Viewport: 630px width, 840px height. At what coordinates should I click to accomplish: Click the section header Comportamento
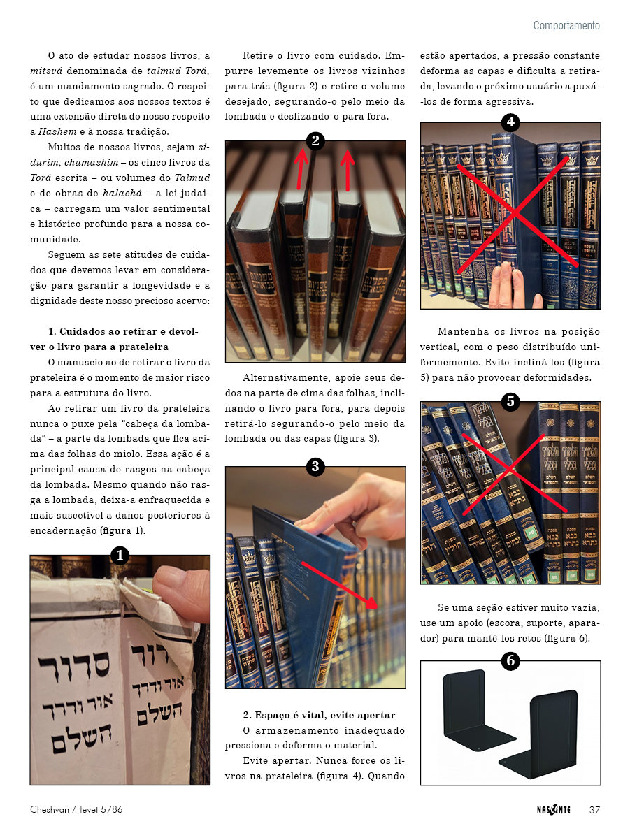pos(566,26)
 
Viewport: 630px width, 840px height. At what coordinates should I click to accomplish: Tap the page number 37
pos(594,810)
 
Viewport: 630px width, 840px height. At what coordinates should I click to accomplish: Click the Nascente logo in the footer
pos(553,810)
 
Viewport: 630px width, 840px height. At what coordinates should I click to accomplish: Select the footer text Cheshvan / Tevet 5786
pos(76,809)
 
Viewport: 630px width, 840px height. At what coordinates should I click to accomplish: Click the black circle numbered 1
pos(120,555)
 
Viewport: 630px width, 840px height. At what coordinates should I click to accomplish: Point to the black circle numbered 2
pos(315,141)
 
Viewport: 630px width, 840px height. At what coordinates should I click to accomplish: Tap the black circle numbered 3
pos(315,467)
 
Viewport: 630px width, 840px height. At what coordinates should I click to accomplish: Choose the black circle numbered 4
pos(510,122)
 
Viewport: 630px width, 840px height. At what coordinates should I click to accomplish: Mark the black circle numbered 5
pos(510,401)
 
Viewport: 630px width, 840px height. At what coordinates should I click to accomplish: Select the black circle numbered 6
pos(510,660)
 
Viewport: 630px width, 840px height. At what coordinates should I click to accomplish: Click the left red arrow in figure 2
pos(301,168)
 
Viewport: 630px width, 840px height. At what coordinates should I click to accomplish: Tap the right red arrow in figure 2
pos(347,171)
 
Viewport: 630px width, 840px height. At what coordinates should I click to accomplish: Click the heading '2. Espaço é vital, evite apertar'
pos(319,715)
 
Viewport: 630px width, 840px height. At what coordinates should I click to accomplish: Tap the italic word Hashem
pos(57,131)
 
